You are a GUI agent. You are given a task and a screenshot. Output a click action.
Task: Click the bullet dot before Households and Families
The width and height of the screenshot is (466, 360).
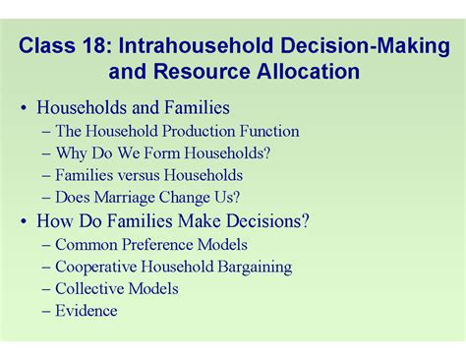[23, 108]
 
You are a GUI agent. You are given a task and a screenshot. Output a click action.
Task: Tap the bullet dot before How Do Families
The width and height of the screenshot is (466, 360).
[23, 221]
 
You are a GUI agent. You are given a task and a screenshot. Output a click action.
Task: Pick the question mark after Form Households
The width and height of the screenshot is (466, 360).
[267, 153]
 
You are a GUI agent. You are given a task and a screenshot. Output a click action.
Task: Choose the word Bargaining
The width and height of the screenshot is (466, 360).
[251, 267]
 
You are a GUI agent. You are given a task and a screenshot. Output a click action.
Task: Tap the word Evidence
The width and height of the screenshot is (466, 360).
[87, 311]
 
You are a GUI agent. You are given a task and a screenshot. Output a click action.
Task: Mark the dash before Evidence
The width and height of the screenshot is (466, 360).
[46, 311]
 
